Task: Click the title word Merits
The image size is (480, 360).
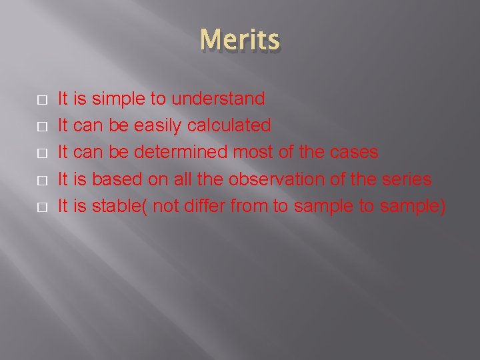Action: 240,40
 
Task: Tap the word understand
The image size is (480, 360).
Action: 218,99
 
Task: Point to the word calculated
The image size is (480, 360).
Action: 229,126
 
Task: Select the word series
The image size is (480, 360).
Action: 406,179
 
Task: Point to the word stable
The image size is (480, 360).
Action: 117,207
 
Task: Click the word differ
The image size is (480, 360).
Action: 204,207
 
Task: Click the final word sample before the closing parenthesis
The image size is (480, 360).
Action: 409,207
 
